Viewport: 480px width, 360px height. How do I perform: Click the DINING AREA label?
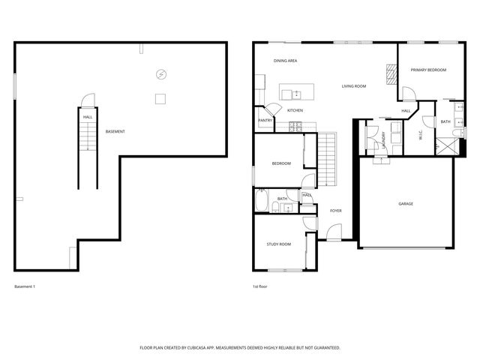point(286,60)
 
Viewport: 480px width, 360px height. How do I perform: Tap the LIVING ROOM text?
point(353,86)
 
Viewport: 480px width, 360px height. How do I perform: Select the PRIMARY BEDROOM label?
point(428,70)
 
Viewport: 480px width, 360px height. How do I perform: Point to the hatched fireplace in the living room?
point(390,73)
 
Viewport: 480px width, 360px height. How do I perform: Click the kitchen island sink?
point(295,94)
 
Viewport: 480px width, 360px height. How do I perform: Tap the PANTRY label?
point(265,120)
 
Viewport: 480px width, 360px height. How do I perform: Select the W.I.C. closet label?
point(421,136)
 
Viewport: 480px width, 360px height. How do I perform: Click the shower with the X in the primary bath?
point(445,145)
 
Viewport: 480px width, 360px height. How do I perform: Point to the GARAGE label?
point(406,203)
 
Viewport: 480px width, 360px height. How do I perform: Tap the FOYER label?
point(335,211)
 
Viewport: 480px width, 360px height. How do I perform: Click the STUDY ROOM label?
point(278,244)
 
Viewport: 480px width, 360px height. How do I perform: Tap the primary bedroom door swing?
point(409,94)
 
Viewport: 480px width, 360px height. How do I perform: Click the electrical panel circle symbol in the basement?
point(160,73)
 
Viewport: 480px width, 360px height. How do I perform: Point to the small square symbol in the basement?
point(160,98)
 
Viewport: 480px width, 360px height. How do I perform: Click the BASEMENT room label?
point(115,132)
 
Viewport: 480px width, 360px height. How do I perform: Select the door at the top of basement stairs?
point(88,100)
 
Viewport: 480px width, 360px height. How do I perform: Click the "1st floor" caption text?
point(260,287)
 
